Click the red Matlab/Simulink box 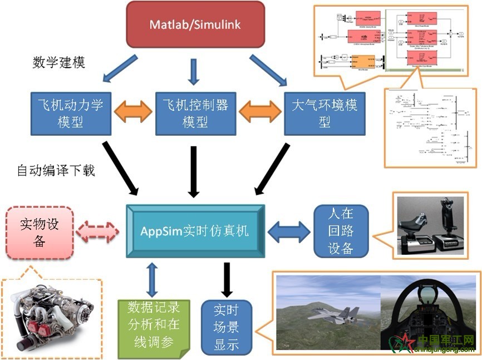(x=195, y=24)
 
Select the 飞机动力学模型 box (x=71, y=112)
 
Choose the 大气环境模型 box (x=324, y=112)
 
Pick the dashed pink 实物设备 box (x=40, y=232)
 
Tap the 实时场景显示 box (x=226, y=328)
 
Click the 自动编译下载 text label (x=56, y=170)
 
